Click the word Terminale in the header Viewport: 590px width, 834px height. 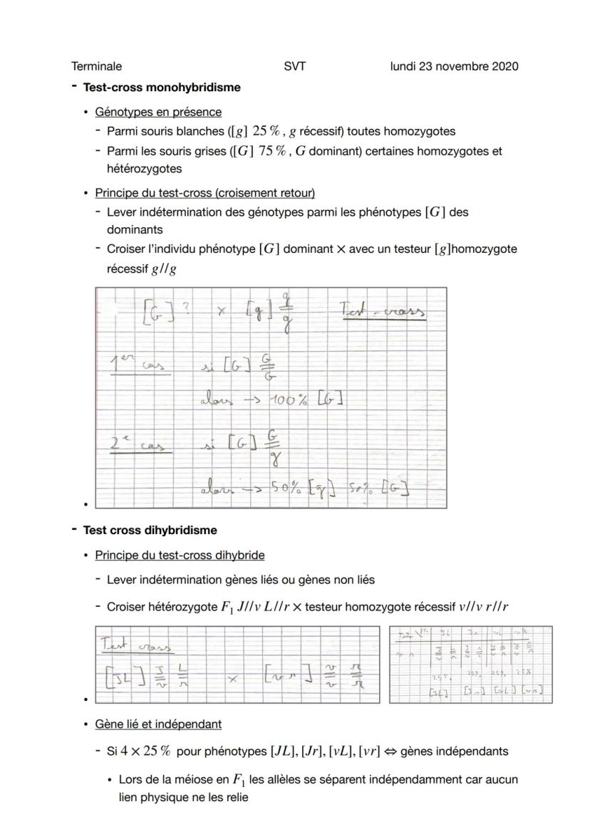pyautogui.click(x=96, y=66)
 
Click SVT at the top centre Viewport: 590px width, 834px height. pyautogui.click(x=294, y=66)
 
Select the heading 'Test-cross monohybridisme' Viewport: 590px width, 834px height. pyautogui.click(x=162, y=88)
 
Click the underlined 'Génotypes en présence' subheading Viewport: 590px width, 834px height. pyautogui.click(x=158, y=112)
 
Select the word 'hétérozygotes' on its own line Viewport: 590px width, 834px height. pyautogui.click(x=144, y=169)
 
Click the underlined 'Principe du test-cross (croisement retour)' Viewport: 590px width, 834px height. pyautogui.click(x=205, y=193)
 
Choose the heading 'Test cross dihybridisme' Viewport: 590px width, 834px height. pyautogui.click(x=150, y=531)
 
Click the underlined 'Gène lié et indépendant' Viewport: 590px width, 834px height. pyautogui.click(x=158, y=724)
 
